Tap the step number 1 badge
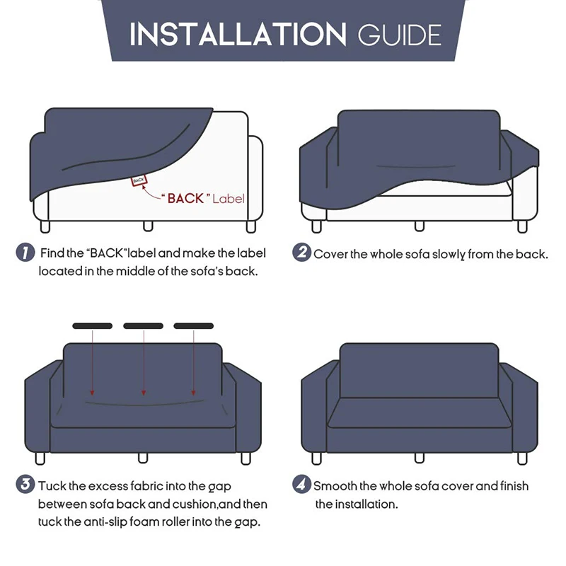click(x=25, y=253)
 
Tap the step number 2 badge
click(x=302, y=253)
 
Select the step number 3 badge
click(x=25, y=485)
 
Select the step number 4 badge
click(x=302, y=485)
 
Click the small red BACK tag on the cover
click(x=139, y=181)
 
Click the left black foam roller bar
click(x=92, y=326)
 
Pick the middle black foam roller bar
click(x=144, y=326)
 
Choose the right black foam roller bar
click(x=194, y=326)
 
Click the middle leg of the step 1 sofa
click(x=148, y=226)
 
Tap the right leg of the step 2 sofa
click(x=522, y=226)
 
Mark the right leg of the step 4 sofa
click(x=521, y=458)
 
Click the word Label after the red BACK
click(x=229, y=199)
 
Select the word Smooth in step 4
click(x=336, y=486)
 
